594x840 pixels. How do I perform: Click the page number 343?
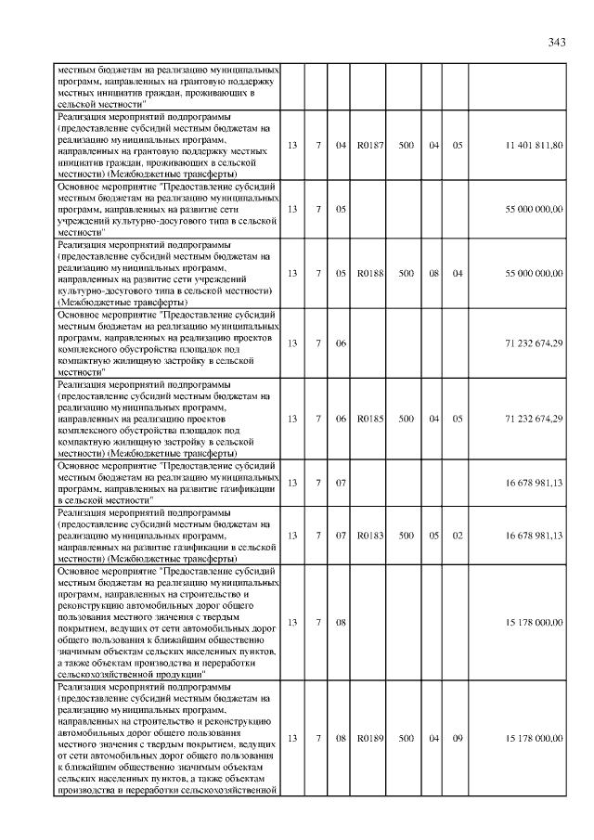click(x=557, y=43)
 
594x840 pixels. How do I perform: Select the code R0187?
click(x=370, y=145)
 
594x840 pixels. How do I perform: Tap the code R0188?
click(x=370, y=273)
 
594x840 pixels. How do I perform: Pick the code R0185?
click(x=370, y=419)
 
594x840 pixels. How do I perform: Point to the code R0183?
click(x=370, y=536)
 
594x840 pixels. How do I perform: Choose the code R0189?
click(x=370, y=738)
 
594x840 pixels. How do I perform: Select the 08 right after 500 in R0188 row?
click(x=433, y=273)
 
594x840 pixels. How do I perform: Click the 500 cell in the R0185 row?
click(x=407, y=419)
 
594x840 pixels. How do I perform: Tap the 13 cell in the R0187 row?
click(x=293, y=145)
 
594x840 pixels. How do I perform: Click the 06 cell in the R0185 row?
click(x=341, y=419)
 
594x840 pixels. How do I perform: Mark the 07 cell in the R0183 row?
click(x=341, y=536)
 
